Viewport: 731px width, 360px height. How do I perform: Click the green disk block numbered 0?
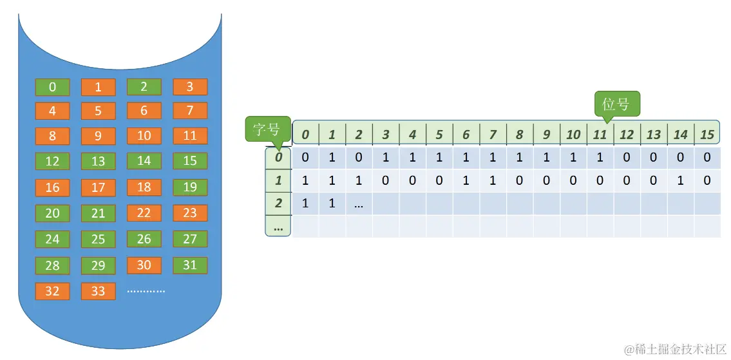(x=52, y=87)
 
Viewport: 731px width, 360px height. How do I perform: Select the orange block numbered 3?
(x=190, y=87)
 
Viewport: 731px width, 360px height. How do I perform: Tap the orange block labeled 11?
(x=190, y=135)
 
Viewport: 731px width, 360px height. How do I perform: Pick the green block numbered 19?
(x=190, y=187)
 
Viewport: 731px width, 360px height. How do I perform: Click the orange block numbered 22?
(x=144, y=213)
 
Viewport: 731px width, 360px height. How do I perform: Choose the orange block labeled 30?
(x=144, y=265)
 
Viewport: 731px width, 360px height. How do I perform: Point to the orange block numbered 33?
(x=98, y=291)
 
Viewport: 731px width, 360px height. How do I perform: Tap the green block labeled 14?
(x=144, y=161)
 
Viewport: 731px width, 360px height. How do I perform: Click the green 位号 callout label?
(x=616, y=104)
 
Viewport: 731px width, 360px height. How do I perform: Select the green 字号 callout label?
(x=267, y=129)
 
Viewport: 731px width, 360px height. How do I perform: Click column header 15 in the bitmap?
(x=707, y=135)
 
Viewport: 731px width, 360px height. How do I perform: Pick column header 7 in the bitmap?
(x=493, y=135)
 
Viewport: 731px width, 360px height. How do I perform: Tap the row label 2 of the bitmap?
(x=278, y=204)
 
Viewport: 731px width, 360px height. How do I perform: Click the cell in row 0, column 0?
(x=305, y=157)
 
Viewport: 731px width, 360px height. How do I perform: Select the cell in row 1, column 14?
(x=680, y=181)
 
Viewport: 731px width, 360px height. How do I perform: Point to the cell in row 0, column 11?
(x=600, y=157)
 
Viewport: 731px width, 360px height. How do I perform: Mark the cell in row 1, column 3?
(x=386, y=181)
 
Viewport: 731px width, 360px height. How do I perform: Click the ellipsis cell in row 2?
(x=359, y=204)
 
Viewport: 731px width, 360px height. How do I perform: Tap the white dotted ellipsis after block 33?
(x=146, y=291)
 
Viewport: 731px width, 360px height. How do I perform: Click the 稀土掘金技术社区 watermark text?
(x=676, y=348)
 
